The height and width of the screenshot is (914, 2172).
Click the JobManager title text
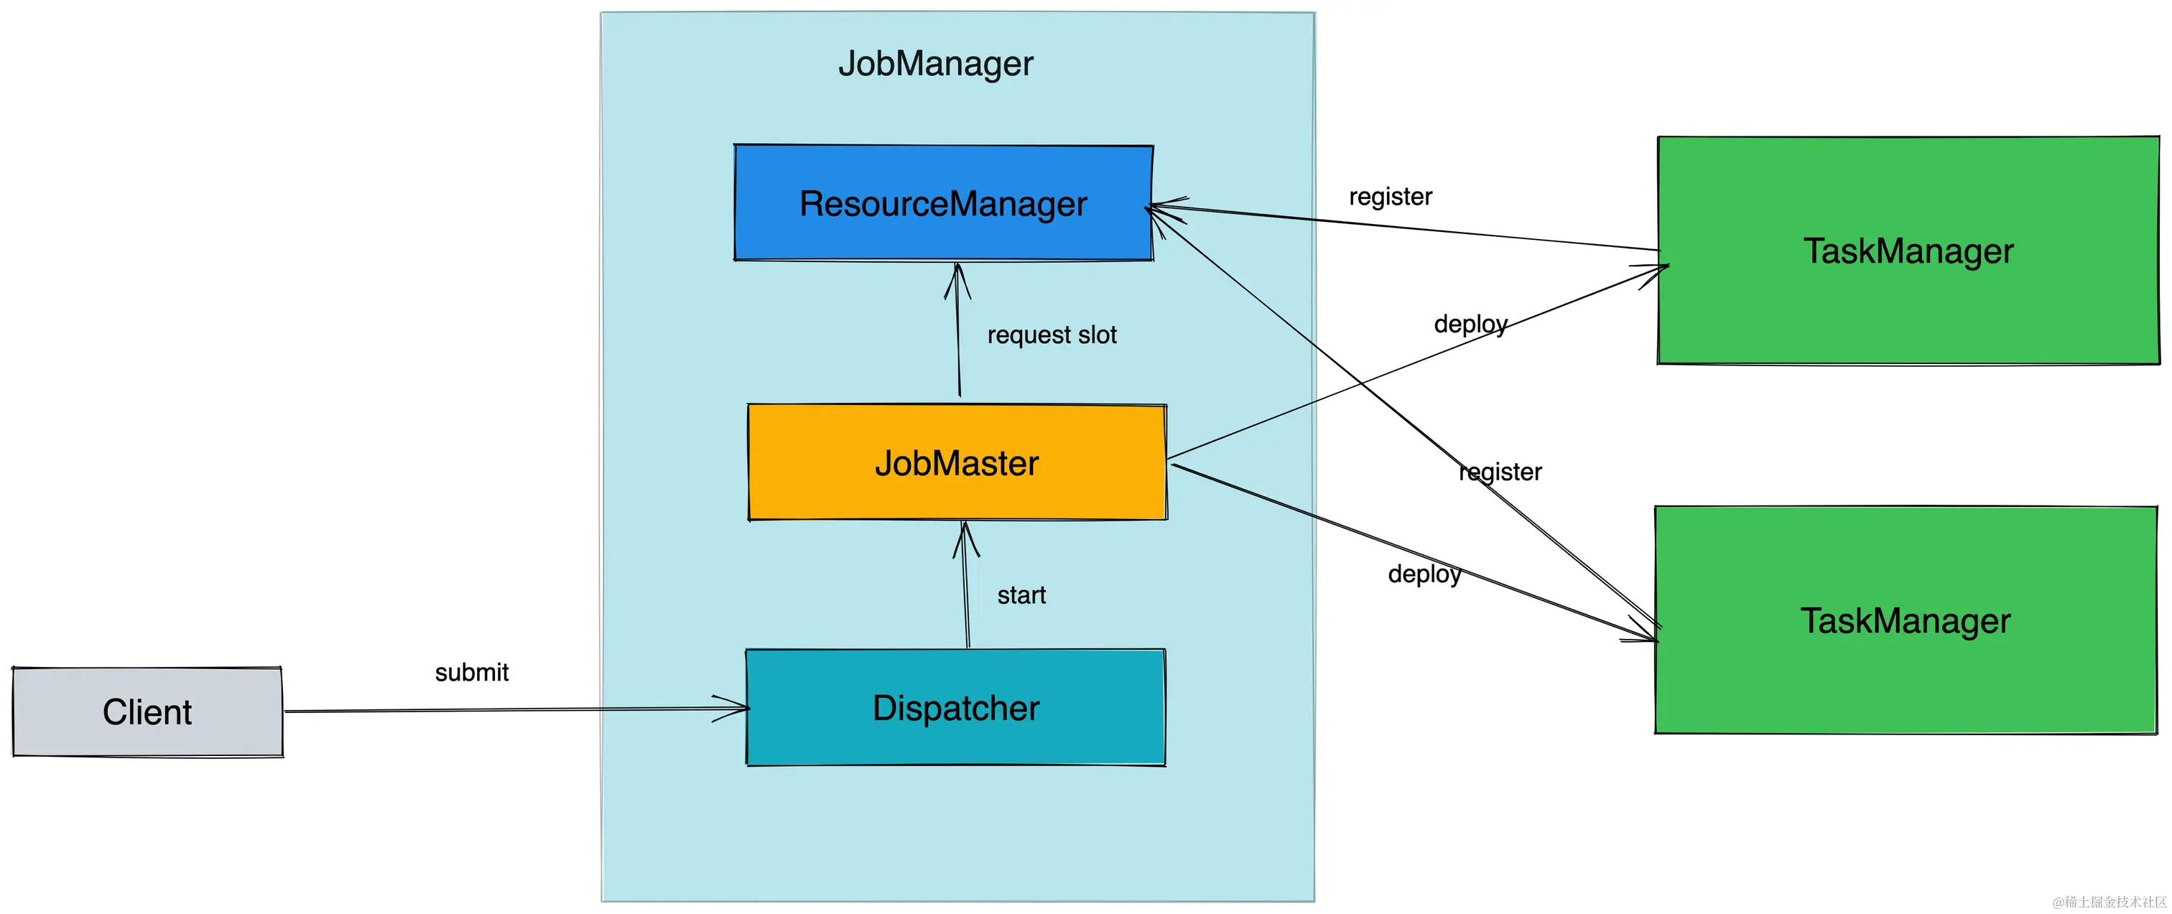point(935,64)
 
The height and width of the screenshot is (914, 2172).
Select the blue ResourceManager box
point(942,203)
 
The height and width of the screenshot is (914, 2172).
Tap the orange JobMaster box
point(956,463)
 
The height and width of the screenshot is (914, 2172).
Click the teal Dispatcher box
point(955,707)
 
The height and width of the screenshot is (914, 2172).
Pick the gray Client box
point(147,712)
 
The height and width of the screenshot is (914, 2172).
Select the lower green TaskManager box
point(1905,620)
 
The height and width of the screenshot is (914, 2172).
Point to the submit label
point(471,673)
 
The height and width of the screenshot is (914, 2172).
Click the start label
point(1021,595)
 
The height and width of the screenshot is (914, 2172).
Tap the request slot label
point(1052,335)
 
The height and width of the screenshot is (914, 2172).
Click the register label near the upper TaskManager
point(1390,197)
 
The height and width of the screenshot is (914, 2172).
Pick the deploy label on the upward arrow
point(1470,324)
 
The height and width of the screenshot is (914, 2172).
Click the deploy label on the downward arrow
point(1424,574)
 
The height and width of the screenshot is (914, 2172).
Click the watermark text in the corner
point(2109,901)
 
